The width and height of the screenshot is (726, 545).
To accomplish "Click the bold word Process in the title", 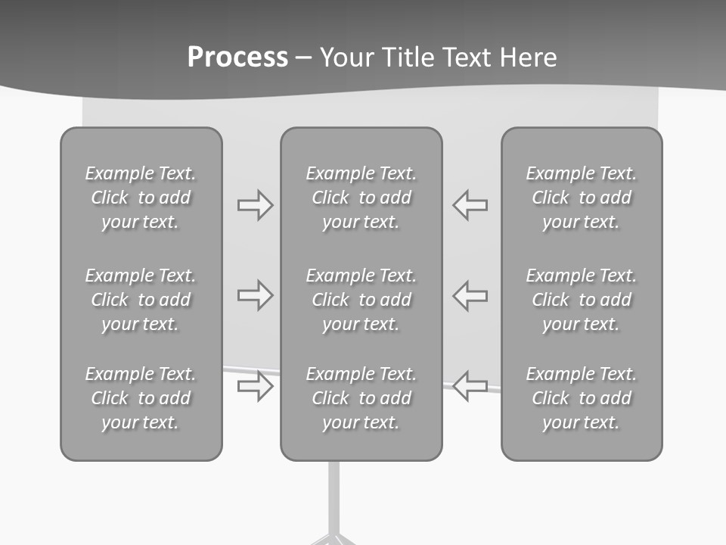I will pos(237,57).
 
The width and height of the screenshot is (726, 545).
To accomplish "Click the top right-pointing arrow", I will pos(255,204).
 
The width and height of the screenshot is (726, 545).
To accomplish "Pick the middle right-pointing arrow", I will pos(255,295).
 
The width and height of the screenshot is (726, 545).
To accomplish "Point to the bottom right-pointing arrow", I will pos(255,386).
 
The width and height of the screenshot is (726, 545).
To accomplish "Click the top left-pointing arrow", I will pos(470,204).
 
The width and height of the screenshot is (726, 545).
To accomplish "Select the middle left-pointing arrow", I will pos(470,295).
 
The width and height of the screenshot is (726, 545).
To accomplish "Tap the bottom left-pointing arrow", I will pos(470,386).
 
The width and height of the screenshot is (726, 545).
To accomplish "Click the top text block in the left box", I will pos(141,198).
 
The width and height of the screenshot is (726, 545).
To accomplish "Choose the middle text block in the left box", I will pos(141,300).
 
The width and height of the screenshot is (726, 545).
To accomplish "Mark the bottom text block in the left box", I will pos(141,398).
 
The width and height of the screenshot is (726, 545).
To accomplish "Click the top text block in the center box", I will pos(361,198).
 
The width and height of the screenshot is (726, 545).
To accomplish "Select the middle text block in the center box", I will pos(361,300).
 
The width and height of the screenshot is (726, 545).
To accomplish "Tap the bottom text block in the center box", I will pos(361,398).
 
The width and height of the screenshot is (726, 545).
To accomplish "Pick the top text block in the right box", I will pos(582,198).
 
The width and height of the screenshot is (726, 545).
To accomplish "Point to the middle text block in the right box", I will pos(582,300).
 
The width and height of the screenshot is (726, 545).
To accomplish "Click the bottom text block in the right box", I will pos(582,398).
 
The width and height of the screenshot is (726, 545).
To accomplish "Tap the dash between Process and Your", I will pos(304,58).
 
